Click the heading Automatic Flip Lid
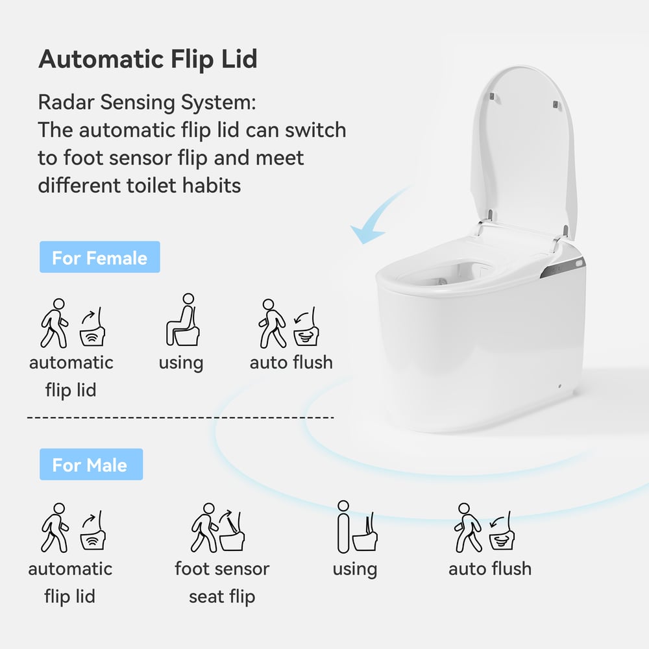tap(148, 59)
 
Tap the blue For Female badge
tap(99, 258)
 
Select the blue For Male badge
tap(90, 465)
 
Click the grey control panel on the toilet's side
tap(563, 267)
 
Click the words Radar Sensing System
tap(147, 103)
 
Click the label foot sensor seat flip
tap(222, 582)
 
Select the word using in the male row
tap(354, 569)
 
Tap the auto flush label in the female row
tap(291, 362)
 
